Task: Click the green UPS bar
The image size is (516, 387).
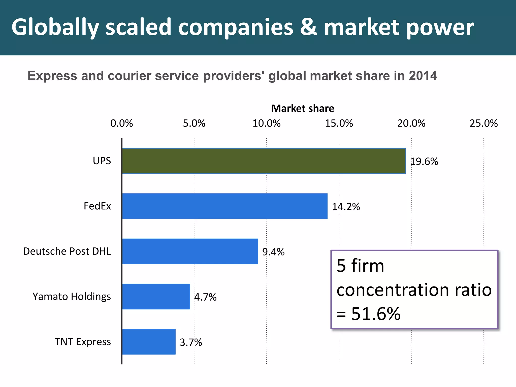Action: click(x=264, y=161)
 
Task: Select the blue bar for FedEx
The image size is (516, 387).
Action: click(x=225, y=206)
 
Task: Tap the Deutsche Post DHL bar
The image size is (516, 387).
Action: click(x=190, y=251)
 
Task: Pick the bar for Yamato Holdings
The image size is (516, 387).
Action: click(x=156, y=297)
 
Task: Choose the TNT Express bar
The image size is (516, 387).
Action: click(x=149, y=342)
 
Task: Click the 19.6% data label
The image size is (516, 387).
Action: click(x=424, y=162)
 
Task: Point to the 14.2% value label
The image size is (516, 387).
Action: click(x=346, y=207)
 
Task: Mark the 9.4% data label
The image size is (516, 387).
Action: click(x=273, y=252)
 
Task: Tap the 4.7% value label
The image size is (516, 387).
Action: click(x=205, y=297)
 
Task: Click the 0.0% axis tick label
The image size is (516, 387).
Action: click(x=122, y=123)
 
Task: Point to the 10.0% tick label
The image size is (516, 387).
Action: click(x=267, y=123)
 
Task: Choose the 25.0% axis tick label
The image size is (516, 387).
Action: click(x=483, y=123)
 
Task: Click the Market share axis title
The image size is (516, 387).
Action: click(x=303, y=108)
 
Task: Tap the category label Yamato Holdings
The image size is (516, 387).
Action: click(x=72, y=297)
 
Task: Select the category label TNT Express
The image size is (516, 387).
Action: click(x=83, y=342)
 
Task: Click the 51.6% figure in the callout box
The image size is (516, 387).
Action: click(x=376, y=314)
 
